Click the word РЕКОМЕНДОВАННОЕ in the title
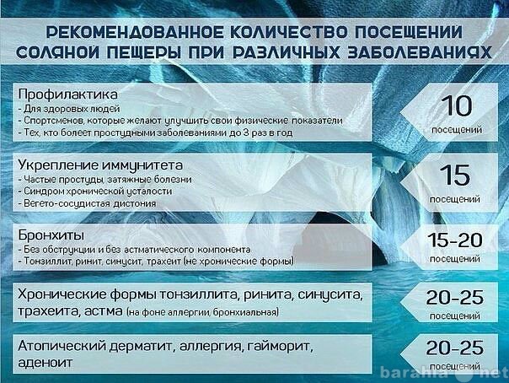click(x=134, y=32)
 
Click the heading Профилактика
click(x=67, y=94)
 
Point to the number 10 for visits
click(x=457, y=105)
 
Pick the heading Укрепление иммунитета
click(x=100, y=165)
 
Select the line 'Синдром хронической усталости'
click(x=95, y=191)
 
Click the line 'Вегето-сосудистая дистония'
click(x=88, y=203)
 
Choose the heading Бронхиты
click(x=51, y=235)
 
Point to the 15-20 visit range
click(x=455, y=240)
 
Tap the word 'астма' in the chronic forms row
click(x=103, y=311)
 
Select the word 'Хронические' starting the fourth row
click(x=62, y=294)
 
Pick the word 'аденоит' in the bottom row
click(x=46, y=363)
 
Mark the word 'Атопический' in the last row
click(x=62, y=347)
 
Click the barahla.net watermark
click(x=443, y=372)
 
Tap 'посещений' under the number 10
click(x=457, y=130)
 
